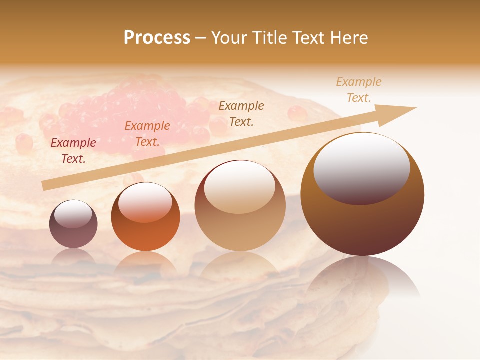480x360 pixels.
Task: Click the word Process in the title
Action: coord(157,38)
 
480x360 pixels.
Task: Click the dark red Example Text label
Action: coord(73,151)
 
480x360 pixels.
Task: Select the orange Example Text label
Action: coord(147,134)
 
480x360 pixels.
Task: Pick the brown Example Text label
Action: coord(241,113)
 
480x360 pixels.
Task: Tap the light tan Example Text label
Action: coord(359,90)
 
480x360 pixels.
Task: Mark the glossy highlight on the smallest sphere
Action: coord(73,214)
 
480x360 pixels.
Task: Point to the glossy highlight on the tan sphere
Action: coord(240,186)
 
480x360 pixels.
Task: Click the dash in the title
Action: coord(201,38)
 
